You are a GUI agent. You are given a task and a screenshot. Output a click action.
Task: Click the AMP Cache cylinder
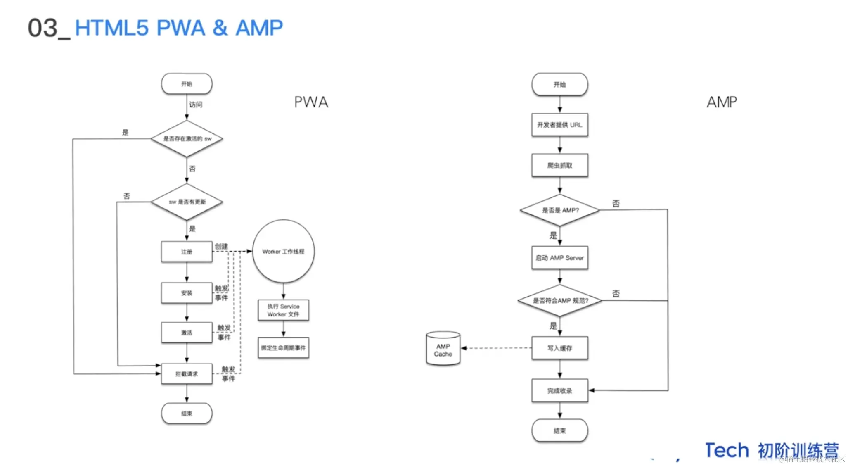443,349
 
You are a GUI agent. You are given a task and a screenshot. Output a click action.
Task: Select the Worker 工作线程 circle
283,251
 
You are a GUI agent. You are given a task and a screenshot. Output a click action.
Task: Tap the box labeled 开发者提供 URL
559,125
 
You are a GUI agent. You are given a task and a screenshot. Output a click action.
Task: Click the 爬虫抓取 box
559,165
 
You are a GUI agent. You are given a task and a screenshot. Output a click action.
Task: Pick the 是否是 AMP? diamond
559,210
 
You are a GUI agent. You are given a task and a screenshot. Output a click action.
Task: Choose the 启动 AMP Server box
559,258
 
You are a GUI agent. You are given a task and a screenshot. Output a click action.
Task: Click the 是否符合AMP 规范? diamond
559,301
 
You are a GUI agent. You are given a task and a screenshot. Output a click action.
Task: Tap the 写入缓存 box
559,348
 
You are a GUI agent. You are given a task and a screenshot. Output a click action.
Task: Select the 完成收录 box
559,390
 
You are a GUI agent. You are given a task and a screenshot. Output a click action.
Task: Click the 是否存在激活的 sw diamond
187,139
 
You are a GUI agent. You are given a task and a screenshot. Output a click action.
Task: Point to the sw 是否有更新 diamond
187,202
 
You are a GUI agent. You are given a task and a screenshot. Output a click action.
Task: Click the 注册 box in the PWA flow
187,252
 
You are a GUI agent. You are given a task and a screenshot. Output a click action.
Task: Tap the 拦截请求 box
187,374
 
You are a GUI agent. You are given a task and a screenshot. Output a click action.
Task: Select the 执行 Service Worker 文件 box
283,310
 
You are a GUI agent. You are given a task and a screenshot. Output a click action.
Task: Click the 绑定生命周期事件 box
283,348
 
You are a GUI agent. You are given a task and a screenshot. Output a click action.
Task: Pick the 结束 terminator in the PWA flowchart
187,414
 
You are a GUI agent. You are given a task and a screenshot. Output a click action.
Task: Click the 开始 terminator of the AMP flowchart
559,84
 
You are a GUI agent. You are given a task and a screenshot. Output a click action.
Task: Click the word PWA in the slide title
180,28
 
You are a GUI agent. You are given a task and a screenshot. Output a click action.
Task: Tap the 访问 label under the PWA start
196,105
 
